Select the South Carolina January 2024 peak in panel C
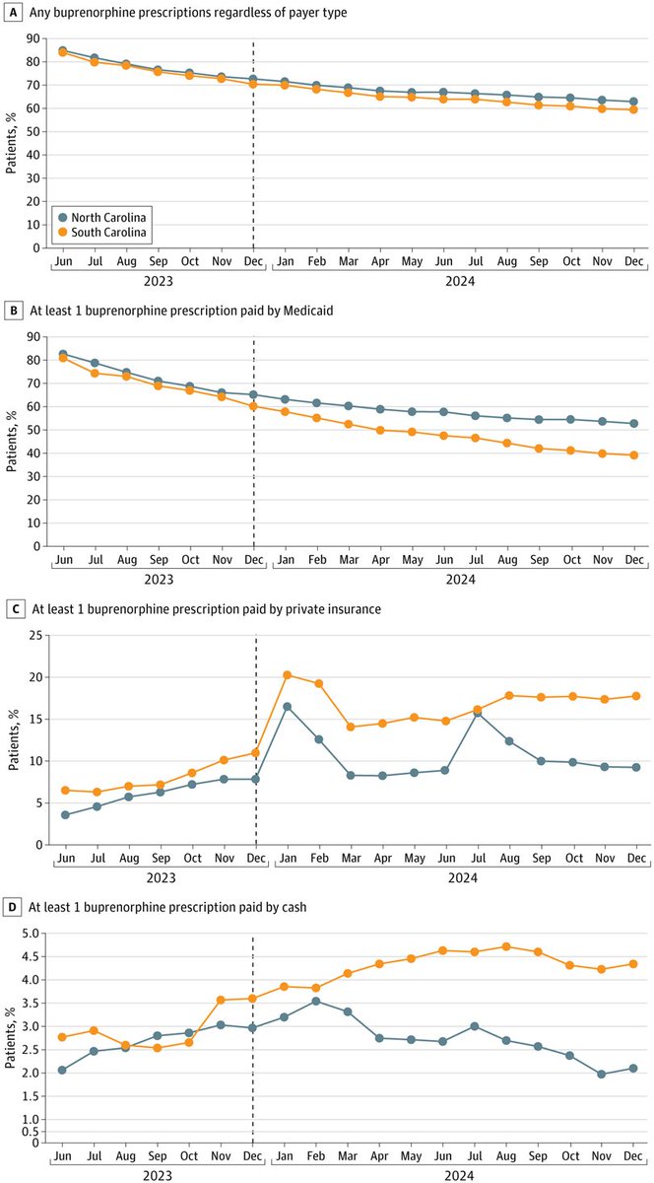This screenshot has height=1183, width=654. pyautogui.click(x=287, y=675)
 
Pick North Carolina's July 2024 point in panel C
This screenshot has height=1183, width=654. pyautogui.click(x=476, y=713)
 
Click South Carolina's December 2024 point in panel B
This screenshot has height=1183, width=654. pyautogui.click(x=633, y=454)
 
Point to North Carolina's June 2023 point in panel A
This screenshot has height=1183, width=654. pyautogui.click(x=63, y=50)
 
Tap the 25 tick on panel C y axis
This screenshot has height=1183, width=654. pyautogui.click(x=36, y=636)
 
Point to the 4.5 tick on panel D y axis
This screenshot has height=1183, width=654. pyautogui.click(x=33, y=956)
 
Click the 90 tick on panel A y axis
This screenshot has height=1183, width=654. pyautogui.click(x=36, y=39)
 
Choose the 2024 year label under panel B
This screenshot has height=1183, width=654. pyautogui.click(x=460, y=581)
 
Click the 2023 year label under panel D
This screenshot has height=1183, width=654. pyautogui.click(x=158, y=1176)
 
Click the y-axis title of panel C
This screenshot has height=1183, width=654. pyautogui.click(x=12, y=739)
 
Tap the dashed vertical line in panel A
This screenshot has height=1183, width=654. pyautogui.click(x=254, y=148)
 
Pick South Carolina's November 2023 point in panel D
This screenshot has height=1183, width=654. pyautogui.click(x=222, y=1000)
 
